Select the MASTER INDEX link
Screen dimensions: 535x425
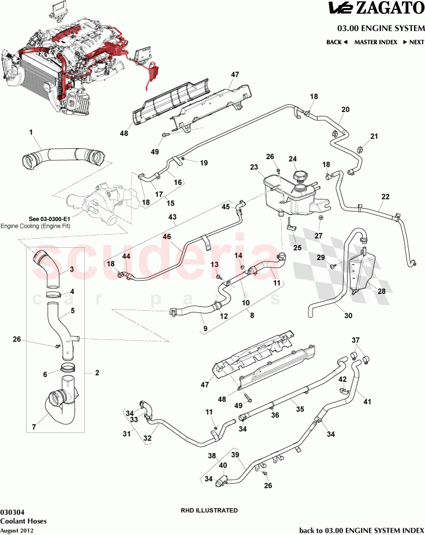(x=374, y=42)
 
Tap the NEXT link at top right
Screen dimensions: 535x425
(x=414, y=42)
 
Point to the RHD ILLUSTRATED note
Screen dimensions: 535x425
(x=209, y=510)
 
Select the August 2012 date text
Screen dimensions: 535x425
(x=17, y=529)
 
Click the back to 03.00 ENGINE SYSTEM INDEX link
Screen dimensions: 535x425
(x=362, y=529)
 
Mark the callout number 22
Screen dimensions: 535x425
(x=385, y=197)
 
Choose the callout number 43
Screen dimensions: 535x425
(x=172, y=217)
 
